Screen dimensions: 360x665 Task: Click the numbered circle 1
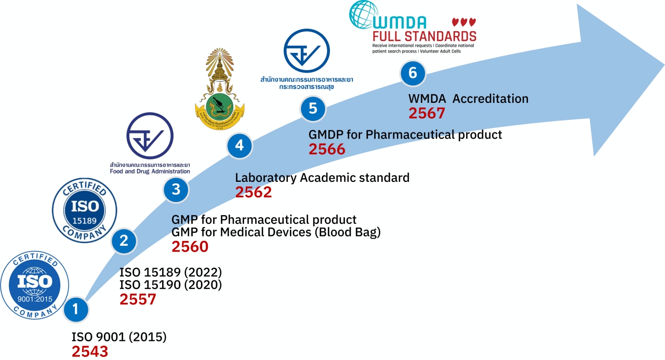tap(76, 310)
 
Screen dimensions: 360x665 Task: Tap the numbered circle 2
tap(124, 241)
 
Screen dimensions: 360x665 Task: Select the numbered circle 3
tap(176, 190)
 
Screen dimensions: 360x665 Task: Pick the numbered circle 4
tap(239, 145)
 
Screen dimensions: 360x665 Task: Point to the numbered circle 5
tap(313, 109)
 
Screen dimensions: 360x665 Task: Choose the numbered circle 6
tap(413, 73)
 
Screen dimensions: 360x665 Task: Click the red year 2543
tap(90, 351)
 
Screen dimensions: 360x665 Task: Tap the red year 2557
tap(138, 299)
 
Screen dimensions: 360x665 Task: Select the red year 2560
tap(190, 246)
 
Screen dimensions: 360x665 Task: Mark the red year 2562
tap(254, 192)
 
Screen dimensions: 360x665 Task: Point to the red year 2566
tap(327, 149)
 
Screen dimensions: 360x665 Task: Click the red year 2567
tap(427, 113)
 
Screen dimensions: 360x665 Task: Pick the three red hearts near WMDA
tap(463, 22)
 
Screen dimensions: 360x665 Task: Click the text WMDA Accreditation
tap(469, 98)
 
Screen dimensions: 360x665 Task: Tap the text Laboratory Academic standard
tap(322, 178)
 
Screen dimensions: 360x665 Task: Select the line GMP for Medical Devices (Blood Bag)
tap(276, 232)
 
